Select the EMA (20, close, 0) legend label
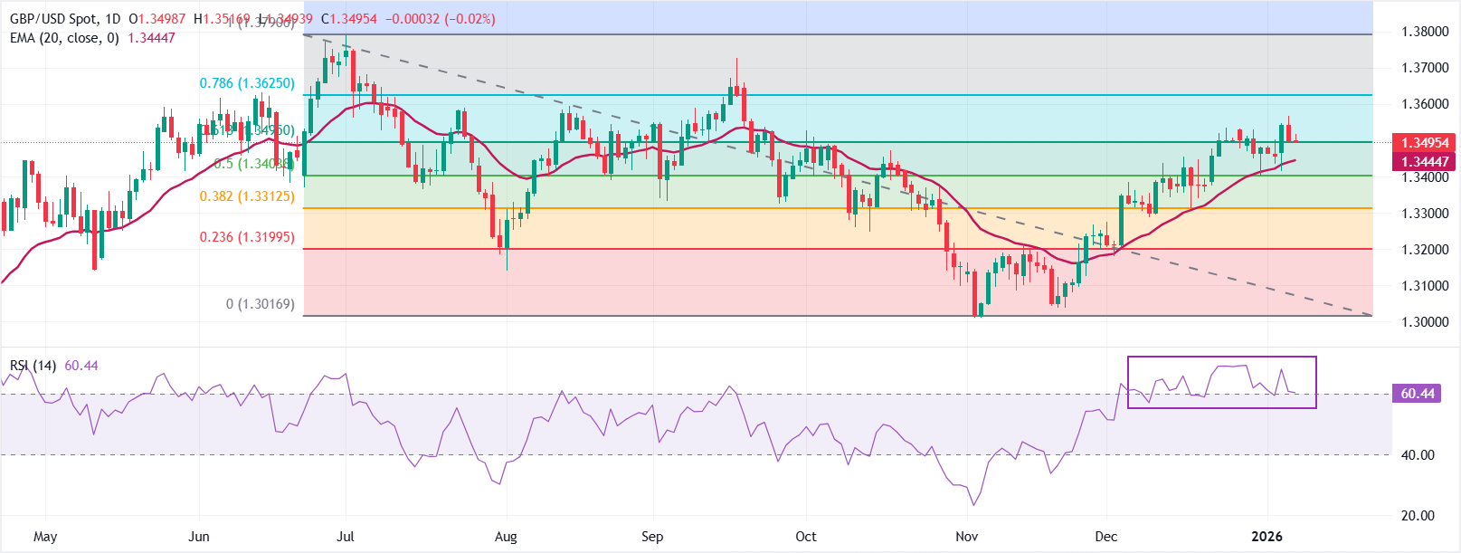[x=64, y=38]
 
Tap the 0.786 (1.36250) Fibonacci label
[x=247, y=83]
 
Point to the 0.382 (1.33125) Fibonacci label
[x=247, y=196]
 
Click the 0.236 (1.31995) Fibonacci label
[x=247, y=237]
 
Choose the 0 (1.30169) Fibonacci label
[x=261, y=304]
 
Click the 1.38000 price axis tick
[x=1425, y=32]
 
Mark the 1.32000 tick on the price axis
[x=1425, y=250]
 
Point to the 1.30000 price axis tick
[x=1425, y=322]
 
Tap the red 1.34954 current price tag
[x=1425, y=143]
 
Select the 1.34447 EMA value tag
[x=1425, y=162]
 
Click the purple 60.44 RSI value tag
[x=1418, y=394]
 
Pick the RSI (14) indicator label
[x=33, y=366]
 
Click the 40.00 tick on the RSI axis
[x=1418, y=455]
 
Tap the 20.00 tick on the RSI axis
[x=1418, y=516]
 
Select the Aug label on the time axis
[x=506, y=537]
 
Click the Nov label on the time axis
[x=967, y=537]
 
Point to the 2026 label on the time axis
[x=1267, y=537]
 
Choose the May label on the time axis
[x=45, y=537]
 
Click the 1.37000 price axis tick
[x=1425, y=68]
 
